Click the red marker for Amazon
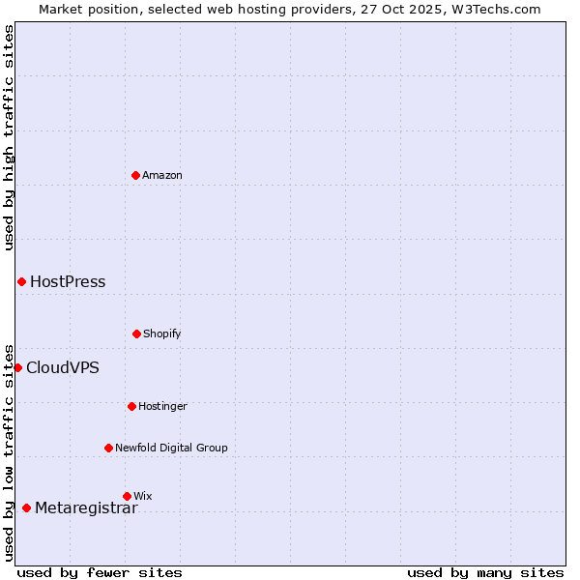click(x=135, y=175)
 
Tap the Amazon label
click(x=162, y=175)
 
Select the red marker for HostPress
click(x=21, y=281)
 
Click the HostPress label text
click(x=68, y=282)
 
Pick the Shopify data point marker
click(x=136, y=333)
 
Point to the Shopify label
click(x=162, y=333)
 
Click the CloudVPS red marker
click(x=17, y=367)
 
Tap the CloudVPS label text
click(x=62, y=367)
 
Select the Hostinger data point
click(x=131, y=406)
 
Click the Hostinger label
click(x=162, y=406)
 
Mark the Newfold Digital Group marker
click(x=108, y=448)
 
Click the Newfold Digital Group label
click(x=171, y=448)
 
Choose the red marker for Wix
click(x=127, y=496)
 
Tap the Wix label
click(x=143, y=496)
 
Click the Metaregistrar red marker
click(x=26, y=507)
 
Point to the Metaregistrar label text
click(x=86, y=508)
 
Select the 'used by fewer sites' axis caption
click(x=99, y=572)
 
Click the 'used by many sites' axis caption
click(x=485, y=572)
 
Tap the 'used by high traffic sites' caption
click(x=9, y=137)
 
